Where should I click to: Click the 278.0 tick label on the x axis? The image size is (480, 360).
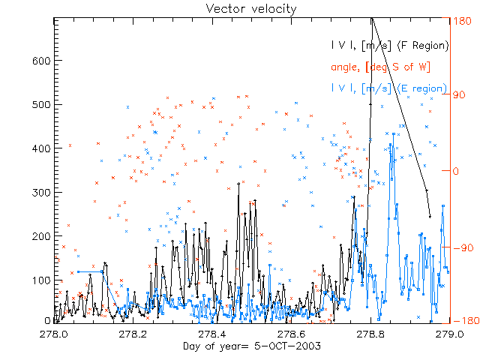click(x=54, y=334)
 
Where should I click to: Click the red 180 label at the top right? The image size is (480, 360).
click(x=463, y=22)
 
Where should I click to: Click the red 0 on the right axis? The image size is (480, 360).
click(x=455, y=171)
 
